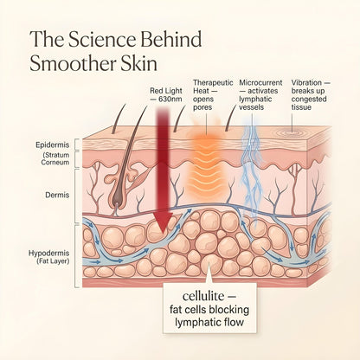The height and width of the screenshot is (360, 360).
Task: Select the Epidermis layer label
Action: click(x=53, y=145)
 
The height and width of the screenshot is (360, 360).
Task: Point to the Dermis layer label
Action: click(x=57, y=195)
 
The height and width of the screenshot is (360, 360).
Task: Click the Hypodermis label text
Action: click(x=49, y=254)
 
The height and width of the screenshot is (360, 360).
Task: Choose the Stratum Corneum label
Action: click(x=55, y=158)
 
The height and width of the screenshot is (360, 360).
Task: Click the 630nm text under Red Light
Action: click(x=166, y=99)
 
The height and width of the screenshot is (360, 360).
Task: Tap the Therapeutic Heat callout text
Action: click(x=213, y=95)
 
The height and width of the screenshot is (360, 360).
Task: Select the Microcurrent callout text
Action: click(x=260, y=95)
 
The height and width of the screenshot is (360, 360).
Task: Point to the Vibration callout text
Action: click(x=311, y=95)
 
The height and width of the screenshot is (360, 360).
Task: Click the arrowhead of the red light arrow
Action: click(x=162, y=222)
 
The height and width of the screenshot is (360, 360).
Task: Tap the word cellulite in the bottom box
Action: click(x=203, y=296)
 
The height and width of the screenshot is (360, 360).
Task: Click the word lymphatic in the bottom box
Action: click(x=196, y=323)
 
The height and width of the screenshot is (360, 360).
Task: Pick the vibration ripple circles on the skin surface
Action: click(x=292, y=133)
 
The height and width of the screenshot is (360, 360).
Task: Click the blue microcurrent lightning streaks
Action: click(x=250, y=173)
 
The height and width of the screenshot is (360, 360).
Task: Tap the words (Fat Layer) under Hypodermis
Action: click(x=53, y=261)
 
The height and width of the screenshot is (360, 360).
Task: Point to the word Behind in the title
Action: click(x=171, y=39)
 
